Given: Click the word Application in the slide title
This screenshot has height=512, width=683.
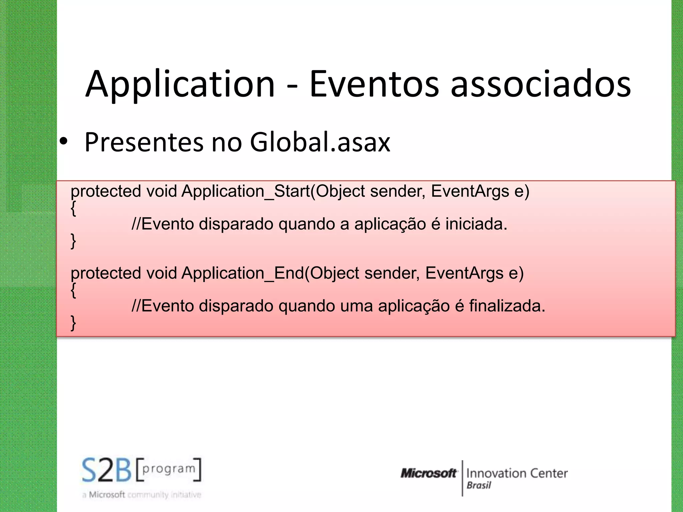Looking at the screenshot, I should tap(180, 84).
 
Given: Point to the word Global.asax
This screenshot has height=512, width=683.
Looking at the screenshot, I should tap(320, 142).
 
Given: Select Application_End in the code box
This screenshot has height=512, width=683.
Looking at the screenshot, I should tap(243, 273).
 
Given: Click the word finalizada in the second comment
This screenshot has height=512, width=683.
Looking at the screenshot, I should tap(507, 306).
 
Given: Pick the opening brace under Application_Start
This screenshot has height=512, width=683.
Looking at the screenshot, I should tap(73, 208).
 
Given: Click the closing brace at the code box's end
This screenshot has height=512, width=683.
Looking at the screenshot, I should tap(73, 323).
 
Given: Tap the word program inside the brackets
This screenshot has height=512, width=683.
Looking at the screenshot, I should tap(169, 469).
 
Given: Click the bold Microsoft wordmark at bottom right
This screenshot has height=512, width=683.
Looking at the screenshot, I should tap(429, 473).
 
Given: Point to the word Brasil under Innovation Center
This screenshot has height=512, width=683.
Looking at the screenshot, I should tap(479, 485).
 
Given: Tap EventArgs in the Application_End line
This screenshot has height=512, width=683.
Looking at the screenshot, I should tap(464, 273).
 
